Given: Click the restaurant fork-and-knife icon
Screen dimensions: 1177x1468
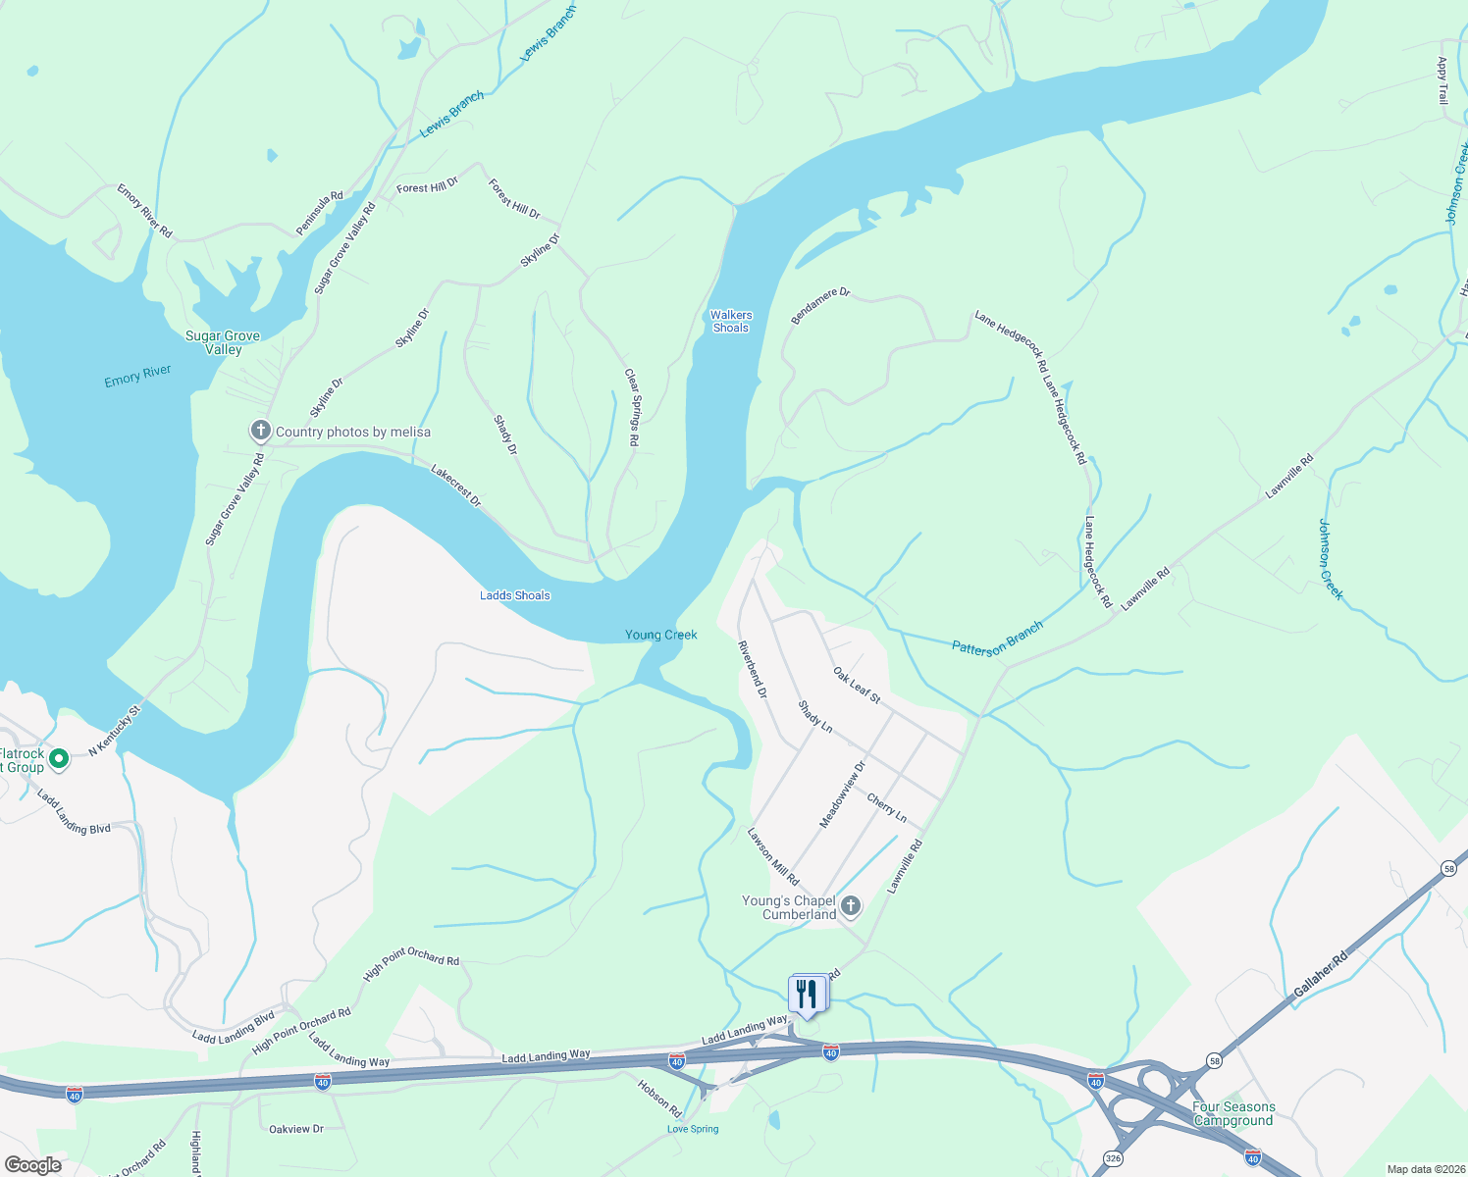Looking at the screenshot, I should pyautogui.click(x=807, y=994).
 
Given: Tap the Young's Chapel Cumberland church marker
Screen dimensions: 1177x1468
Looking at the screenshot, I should pyautogui.click(x=851, y=906).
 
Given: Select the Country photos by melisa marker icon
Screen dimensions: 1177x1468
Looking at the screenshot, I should pyautogui.click(x=260, y=431).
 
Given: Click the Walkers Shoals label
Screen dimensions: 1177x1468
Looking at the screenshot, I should pyautogui.click(x=731, y=322).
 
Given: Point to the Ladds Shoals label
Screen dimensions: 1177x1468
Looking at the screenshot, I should pyautogui.click(x=515, y=595).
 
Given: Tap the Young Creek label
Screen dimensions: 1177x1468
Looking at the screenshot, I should pyautogui.click(x=661, y=635).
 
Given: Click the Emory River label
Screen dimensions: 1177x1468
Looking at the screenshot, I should pyautogui.click(x=137, y=376).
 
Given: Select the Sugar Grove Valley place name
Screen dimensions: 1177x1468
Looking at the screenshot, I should pyautogui.click(x=223, y=342).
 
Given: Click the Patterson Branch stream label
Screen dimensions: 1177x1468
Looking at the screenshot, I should pyautogui.click(x=997, y=639).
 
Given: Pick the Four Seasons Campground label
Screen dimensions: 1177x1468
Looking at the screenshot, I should pyautogui.click(x=1233, y=1113).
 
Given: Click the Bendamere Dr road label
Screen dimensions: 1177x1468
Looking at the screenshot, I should pyautogui.click(x=820, y=306).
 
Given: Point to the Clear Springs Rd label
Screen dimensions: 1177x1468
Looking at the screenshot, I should pyautogui.click(x=632, y=408).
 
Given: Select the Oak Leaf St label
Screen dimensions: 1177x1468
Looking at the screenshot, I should pyautogui.click(x=857, y=685).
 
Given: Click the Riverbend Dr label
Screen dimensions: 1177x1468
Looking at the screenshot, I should pyautogui.click(x=752, y=669).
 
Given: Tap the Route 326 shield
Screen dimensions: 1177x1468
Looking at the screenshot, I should pyautogui.click(x=1111, y=1158).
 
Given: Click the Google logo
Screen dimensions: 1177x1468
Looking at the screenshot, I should pyautogui.click(x=32, y=1164).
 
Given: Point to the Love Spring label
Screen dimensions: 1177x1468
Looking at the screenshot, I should pyautogui.click(x=693, y=1129).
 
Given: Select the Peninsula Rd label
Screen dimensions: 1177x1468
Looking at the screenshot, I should pyautogui.click(x=320, y=213).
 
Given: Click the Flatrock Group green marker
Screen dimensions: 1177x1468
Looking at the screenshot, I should pyautogui.click(x=59, y=758).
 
